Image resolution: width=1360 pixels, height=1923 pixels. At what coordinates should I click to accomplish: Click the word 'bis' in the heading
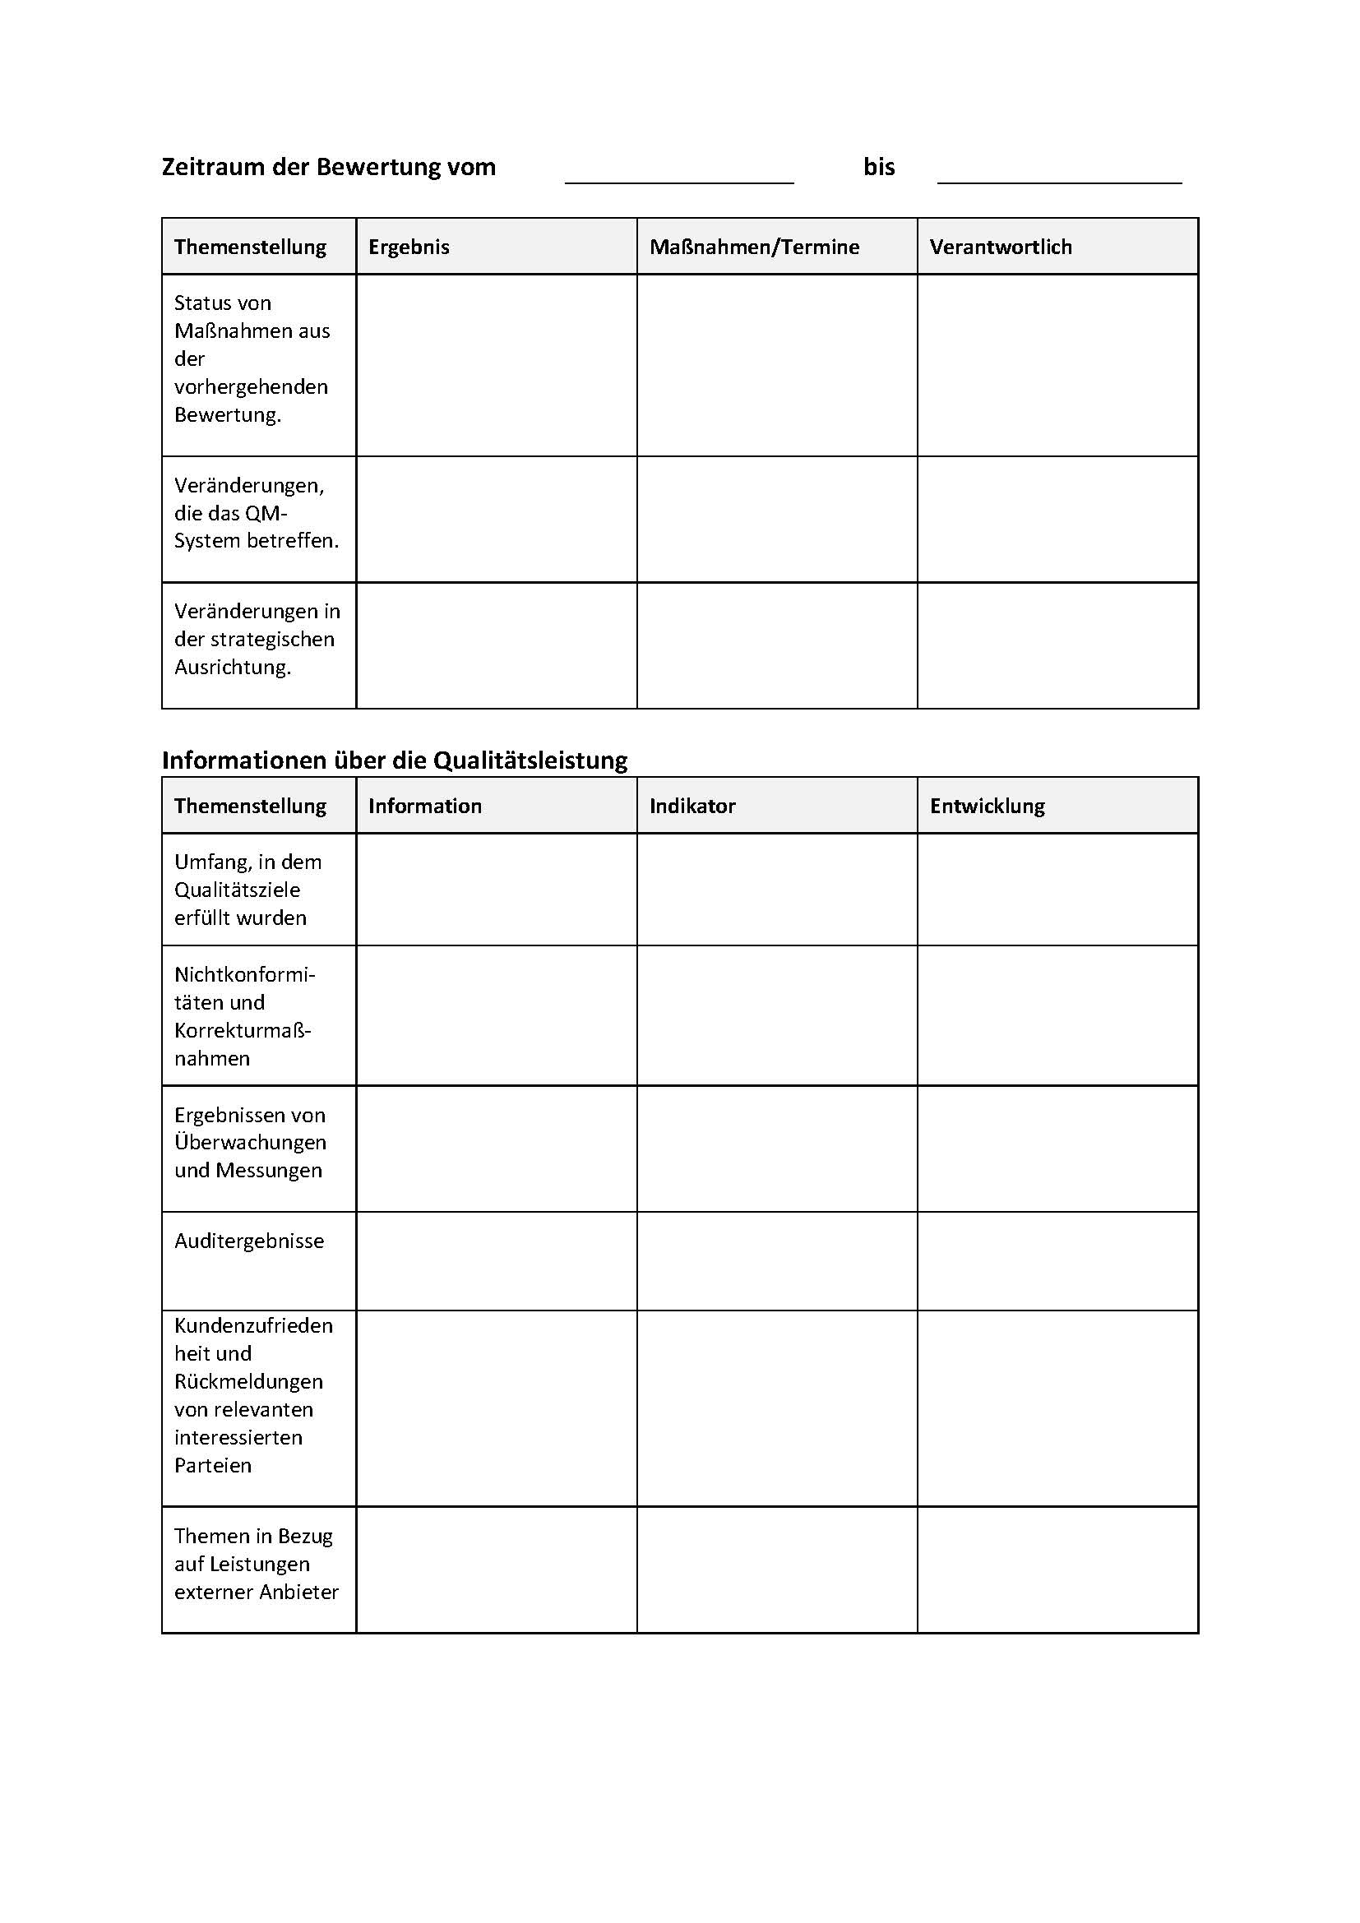pyautogui.click(x=878, y=167)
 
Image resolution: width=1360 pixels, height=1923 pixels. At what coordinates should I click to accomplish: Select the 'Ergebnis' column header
pyautogui.click(x=409, y=247)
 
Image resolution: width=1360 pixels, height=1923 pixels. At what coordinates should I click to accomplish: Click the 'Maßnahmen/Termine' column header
pyautogui.click(x=754, y=247)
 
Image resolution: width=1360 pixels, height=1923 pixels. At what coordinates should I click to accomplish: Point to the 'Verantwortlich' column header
pyautogui.click(x=1000, y=247)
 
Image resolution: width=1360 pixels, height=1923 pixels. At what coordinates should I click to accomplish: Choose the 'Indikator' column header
pyautogui.click(x=692, y=806)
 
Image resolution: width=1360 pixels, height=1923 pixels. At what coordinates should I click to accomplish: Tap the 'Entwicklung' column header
pyautogui.click(x=987, y=806)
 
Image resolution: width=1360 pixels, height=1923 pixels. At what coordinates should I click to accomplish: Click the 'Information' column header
pyautogui.click(x=424, y=806)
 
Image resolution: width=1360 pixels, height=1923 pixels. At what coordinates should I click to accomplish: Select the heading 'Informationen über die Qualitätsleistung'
pyautogui.click(x=395, y=760)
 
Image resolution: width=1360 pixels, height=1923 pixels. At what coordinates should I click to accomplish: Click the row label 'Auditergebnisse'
pyautogui.click(x=248, y=1241)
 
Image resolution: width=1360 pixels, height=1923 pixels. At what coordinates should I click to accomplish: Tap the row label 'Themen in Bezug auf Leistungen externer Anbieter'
pyautogui.click(x=256, y=1564)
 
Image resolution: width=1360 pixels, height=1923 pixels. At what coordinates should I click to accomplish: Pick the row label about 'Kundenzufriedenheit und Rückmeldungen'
pyautogui.click(x=253, y=1394)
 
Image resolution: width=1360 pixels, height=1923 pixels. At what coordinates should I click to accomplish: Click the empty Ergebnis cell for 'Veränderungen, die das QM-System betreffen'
pyautogui.click(x=496, y=520)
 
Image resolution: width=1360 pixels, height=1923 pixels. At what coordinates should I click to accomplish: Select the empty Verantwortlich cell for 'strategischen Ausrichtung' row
pyautogui.click(x=1057, y=645)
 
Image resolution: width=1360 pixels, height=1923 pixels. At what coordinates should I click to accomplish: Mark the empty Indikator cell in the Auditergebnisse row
pyautogui.click(x=776, y=1260)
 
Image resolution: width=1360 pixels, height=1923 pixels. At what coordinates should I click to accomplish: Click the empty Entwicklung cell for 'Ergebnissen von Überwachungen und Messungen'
pyautogui.click(x=1057, y=1149)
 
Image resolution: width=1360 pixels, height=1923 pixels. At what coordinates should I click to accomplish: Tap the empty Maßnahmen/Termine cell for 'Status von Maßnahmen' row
pyautogui.click(x=776, y=365)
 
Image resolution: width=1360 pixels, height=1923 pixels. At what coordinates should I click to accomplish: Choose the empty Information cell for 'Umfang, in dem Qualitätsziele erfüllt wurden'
pyautogui.click(x=496, y=890)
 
